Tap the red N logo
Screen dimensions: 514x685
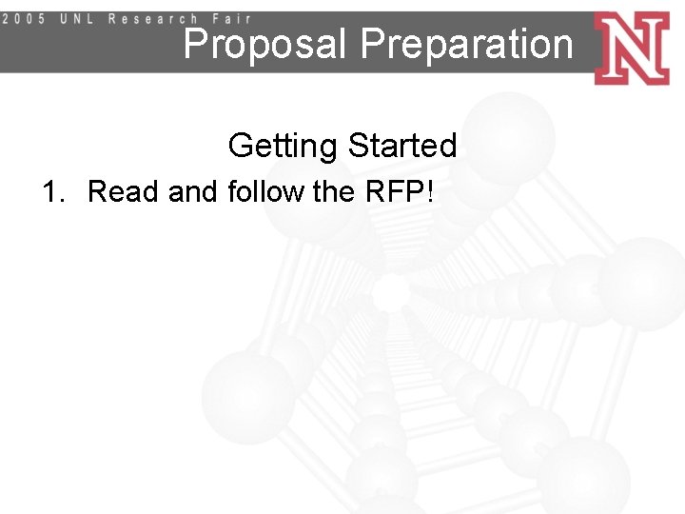click(631, 48)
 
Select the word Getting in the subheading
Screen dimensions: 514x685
click(284, 147)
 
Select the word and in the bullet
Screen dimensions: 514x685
click(194, 191)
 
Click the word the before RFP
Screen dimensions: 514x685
click(333, 191)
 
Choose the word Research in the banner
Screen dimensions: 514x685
click(153, 18)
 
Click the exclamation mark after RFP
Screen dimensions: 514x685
click(432, 191)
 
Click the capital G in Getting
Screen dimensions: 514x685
click(242, 147)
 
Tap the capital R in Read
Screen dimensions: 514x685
click(97, 191)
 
